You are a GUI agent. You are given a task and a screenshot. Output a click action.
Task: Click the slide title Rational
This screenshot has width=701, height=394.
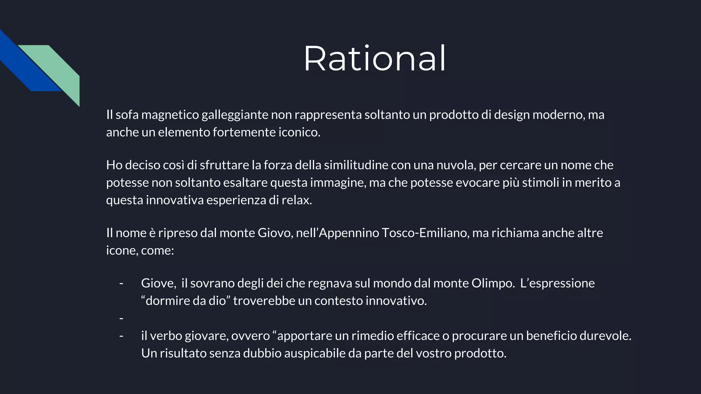pyautogui.click(x=375, y=58)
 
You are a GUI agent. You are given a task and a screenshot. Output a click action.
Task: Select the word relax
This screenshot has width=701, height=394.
pyautogui.click(x=296, y=200)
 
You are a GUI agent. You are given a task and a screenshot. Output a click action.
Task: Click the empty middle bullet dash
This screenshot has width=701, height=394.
pyautogui.click(x=121, y=318)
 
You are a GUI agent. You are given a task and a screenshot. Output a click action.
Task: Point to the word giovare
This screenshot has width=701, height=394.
pyautogui.click(x=206, y=336)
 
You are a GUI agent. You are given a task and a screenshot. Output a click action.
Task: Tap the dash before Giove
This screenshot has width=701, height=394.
pyautogui.click(x=121, y=283)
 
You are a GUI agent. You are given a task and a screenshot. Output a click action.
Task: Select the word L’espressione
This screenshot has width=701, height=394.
pyautogui.click(x=557, y=283)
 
